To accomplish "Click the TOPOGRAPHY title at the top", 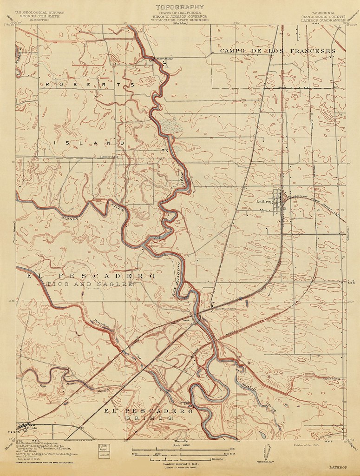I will pos(179,7).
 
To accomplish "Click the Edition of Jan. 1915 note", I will pos(308,445).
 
